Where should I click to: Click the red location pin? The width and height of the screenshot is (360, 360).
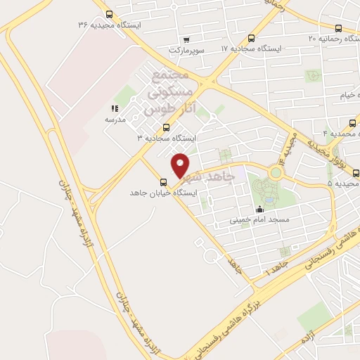[181, 165]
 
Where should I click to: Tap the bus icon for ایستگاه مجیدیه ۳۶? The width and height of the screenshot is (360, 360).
[108, 13]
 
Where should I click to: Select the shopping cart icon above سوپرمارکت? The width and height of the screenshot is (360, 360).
[186, 40]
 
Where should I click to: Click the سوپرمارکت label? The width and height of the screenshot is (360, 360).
[186, 51]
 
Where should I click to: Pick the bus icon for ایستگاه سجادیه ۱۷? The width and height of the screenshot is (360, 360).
[252, 38]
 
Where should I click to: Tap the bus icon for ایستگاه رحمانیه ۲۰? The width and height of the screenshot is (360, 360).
[339, 28]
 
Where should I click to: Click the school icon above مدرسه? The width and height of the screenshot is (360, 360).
[115, 108]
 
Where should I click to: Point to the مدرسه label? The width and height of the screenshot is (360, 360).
[115, 120]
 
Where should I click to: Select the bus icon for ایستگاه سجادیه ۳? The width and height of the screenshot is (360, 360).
[166, 127]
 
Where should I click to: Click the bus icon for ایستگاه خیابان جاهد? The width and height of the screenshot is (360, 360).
[164, 180]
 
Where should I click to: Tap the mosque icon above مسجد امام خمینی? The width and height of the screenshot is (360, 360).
[259, 208]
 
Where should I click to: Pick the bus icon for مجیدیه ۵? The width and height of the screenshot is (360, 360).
[356, 172]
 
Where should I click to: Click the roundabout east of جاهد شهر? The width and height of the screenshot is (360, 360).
[275, 171]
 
